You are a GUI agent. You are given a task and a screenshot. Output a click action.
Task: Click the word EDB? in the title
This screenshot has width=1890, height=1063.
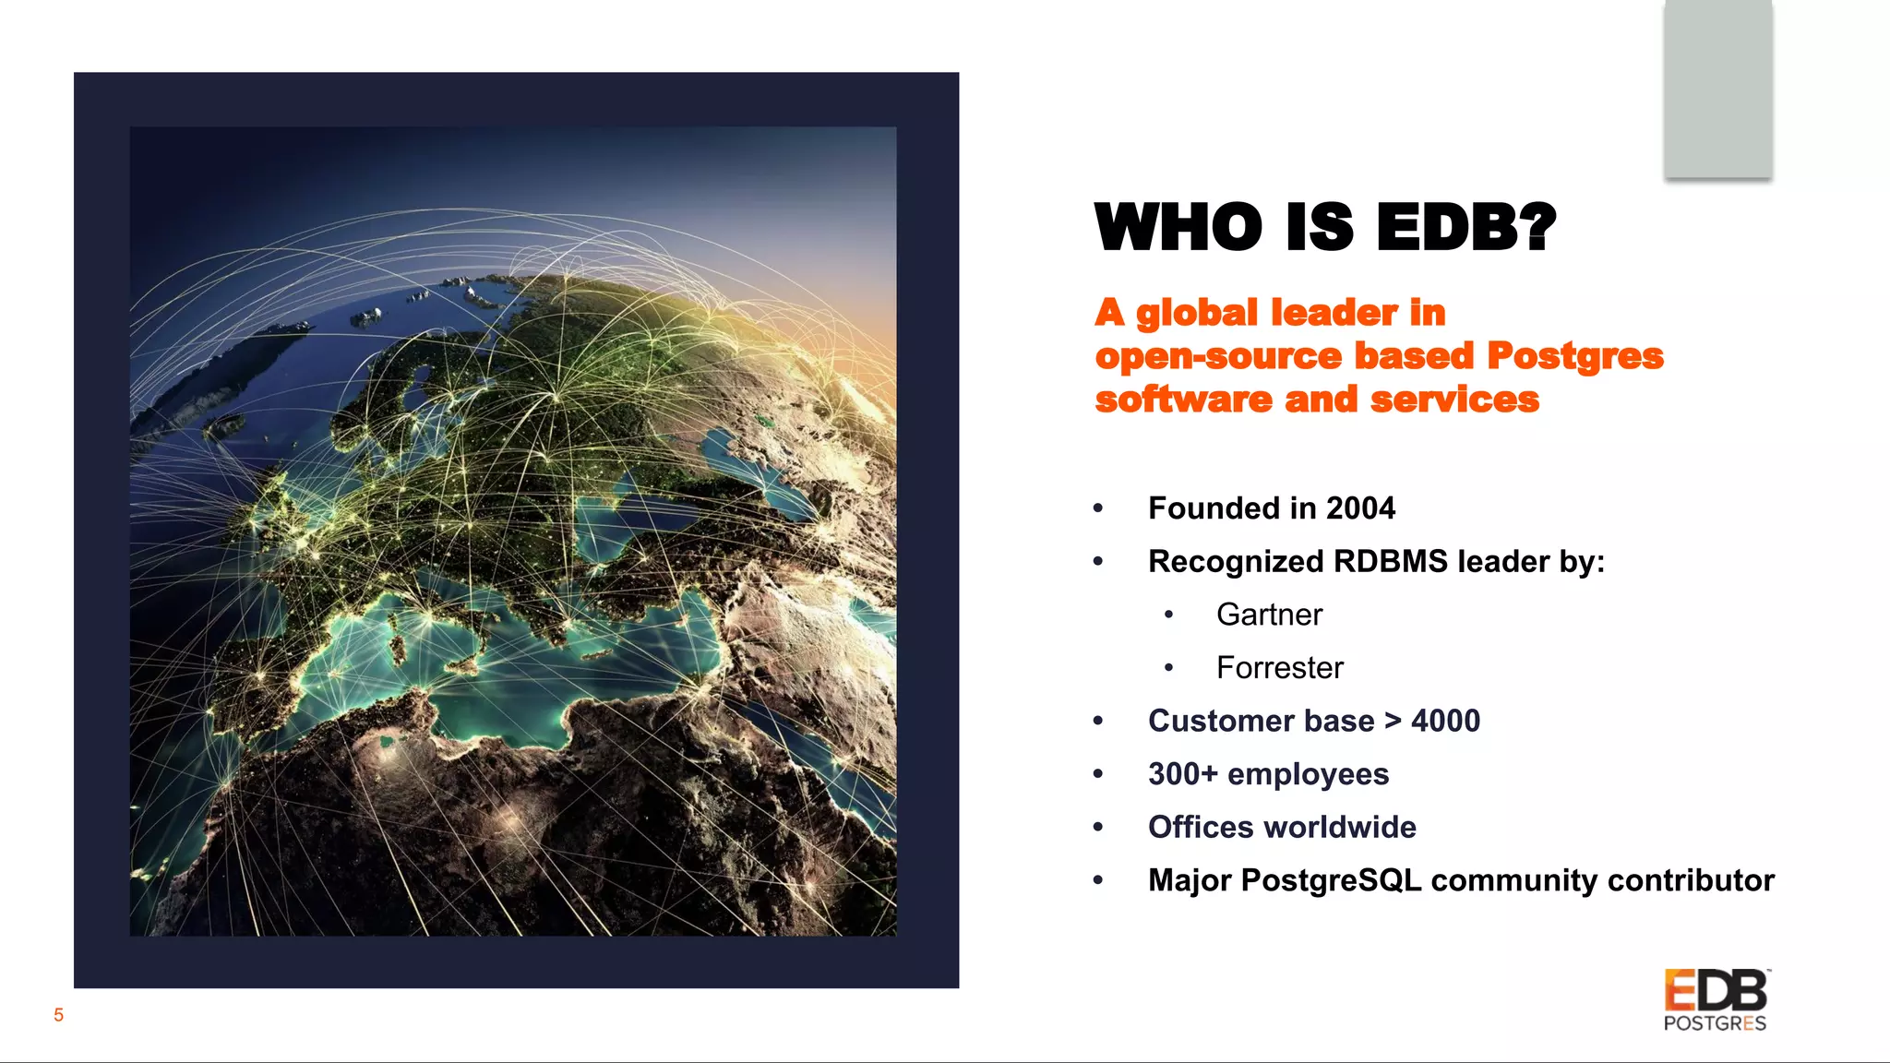click(1465, 227)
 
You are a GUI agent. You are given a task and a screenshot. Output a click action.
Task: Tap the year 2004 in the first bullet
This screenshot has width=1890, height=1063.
click(1360, 508)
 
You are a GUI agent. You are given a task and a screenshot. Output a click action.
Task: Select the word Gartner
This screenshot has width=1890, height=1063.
click(1269, 615)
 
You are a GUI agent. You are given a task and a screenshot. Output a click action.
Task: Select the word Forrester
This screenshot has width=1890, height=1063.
click(1279, 668)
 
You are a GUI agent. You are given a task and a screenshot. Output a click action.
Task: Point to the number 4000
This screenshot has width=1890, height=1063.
click(1445, 721)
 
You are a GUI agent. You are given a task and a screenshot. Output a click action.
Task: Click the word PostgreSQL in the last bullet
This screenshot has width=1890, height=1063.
click(1331, 880)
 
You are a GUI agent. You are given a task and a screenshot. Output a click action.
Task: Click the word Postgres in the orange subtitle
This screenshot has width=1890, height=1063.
click(1574, 356)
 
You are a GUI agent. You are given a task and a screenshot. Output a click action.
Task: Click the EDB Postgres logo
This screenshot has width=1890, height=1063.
click(1716, 1000)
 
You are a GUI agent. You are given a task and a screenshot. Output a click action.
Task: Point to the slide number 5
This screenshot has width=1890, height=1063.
click(58, 1015)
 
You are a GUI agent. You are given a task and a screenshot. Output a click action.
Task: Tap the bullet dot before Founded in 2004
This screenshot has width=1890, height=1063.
click(1098, 508)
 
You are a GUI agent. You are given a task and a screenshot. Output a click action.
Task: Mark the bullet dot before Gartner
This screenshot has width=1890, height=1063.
click(1169, 615)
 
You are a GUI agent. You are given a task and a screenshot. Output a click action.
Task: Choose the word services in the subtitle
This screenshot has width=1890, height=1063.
click(1454, 400)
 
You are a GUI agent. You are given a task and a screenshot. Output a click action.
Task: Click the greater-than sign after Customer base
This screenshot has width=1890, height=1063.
click(1393, 721)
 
